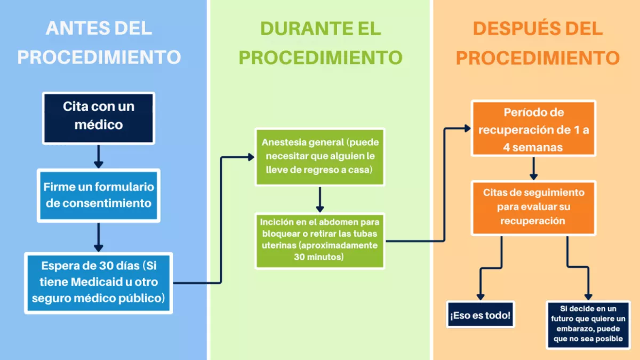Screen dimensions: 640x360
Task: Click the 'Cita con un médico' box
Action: point(99,118)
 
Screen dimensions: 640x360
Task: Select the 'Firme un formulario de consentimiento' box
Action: point(99,195)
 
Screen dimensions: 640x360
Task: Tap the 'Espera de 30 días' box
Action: point(99,283)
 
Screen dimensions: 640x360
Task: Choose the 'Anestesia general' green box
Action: point(319,157)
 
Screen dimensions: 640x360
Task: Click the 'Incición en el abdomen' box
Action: point(319,241)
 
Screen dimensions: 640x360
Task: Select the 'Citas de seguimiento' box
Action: point(533,208)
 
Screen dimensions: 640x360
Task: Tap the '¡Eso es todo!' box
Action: point(481,314)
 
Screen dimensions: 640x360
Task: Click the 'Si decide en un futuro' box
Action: point(588,325)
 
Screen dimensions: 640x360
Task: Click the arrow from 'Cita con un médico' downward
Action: point(99,157)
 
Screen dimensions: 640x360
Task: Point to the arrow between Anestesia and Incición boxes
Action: point(319,199)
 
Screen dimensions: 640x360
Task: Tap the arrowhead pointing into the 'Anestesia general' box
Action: point(251,157)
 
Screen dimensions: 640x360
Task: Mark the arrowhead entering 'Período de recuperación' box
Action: point(468,129)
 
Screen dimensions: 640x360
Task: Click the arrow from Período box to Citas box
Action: point(533,169)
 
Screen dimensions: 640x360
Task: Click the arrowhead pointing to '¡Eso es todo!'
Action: point(481,297)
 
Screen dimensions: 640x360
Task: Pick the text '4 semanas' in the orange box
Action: point(533,147)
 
